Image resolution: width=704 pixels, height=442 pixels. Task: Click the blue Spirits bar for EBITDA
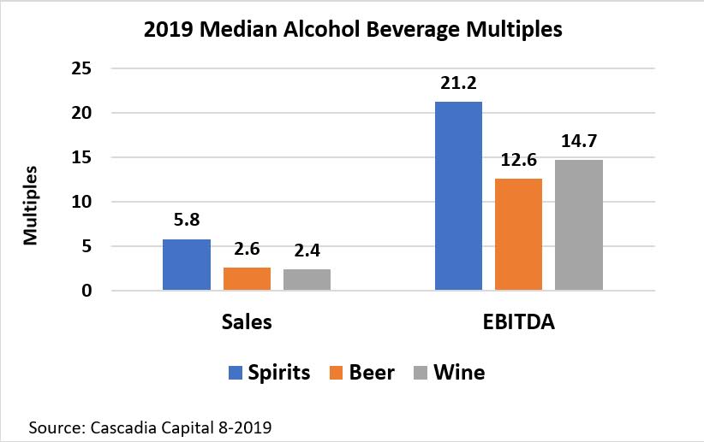(x=458, y=197)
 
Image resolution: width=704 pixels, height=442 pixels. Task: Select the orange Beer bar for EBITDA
(x=518, y=234)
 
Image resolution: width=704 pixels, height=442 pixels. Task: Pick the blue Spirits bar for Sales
(x=187, y=265)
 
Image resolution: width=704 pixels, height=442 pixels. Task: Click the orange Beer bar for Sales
(x=247, y=279)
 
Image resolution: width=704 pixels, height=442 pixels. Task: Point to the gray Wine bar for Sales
(x=307, y=280)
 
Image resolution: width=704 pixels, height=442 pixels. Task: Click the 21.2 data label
(x=458, y=84)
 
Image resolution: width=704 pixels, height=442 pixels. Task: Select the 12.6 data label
(x=518, y=161)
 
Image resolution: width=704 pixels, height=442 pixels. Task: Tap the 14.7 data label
(x=578, y=142)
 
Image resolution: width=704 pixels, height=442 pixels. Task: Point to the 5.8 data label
(x=187, y=221)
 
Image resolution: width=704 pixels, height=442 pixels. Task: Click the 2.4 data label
(x=307, y=251)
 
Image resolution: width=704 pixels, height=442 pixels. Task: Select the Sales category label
(x=247, y=322)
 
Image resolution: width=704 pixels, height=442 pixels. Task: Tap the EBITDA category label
(x=518, y=322)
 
